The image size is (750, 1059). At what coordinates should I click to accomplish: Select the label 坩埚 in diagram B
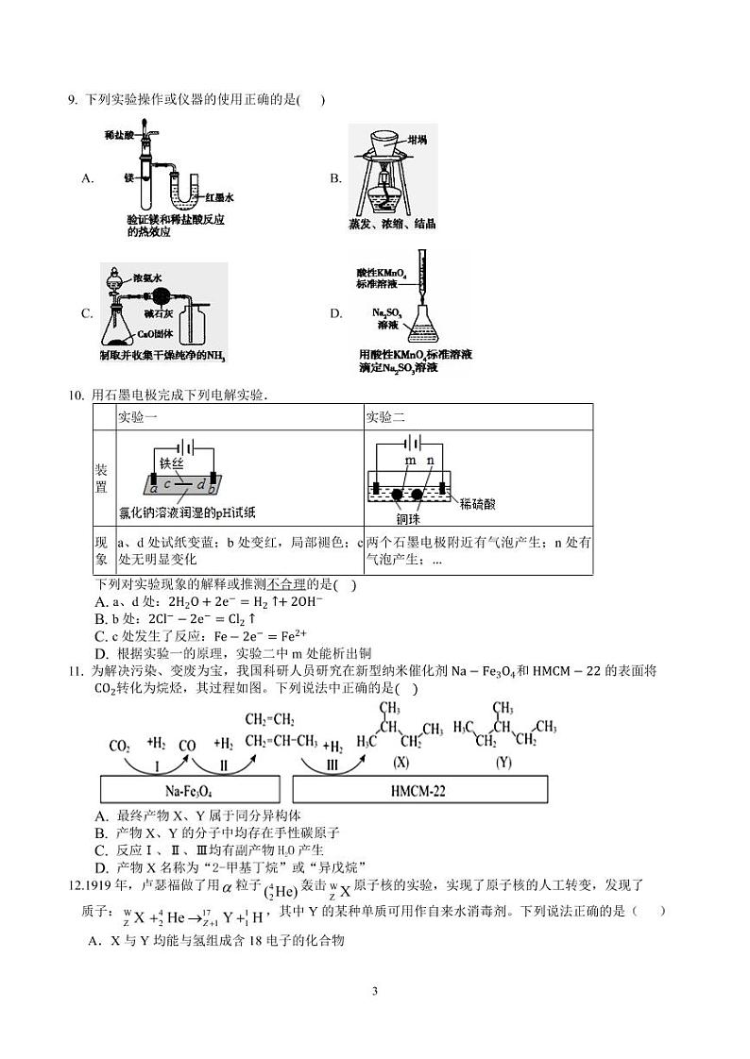coord(416,140)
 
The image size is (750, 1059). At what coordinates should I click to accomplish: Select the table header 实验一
coord(136,417)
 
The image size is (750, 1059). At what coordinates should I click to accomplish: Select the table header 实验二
coord(384,417)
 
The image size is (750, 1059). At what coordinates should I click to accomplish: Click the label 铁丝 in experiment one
coord(171,462)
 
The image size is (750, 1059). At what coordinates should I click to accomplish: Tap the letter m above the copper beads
coord(410,460)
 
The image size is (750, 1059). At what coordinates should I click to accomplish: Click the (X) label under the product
coord(401,761)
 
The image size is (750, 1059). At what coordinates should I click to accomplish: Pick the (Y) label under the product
coord(503,761)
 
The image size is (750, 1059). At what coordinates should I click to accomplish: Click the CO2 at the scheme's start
coord(120,746)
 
